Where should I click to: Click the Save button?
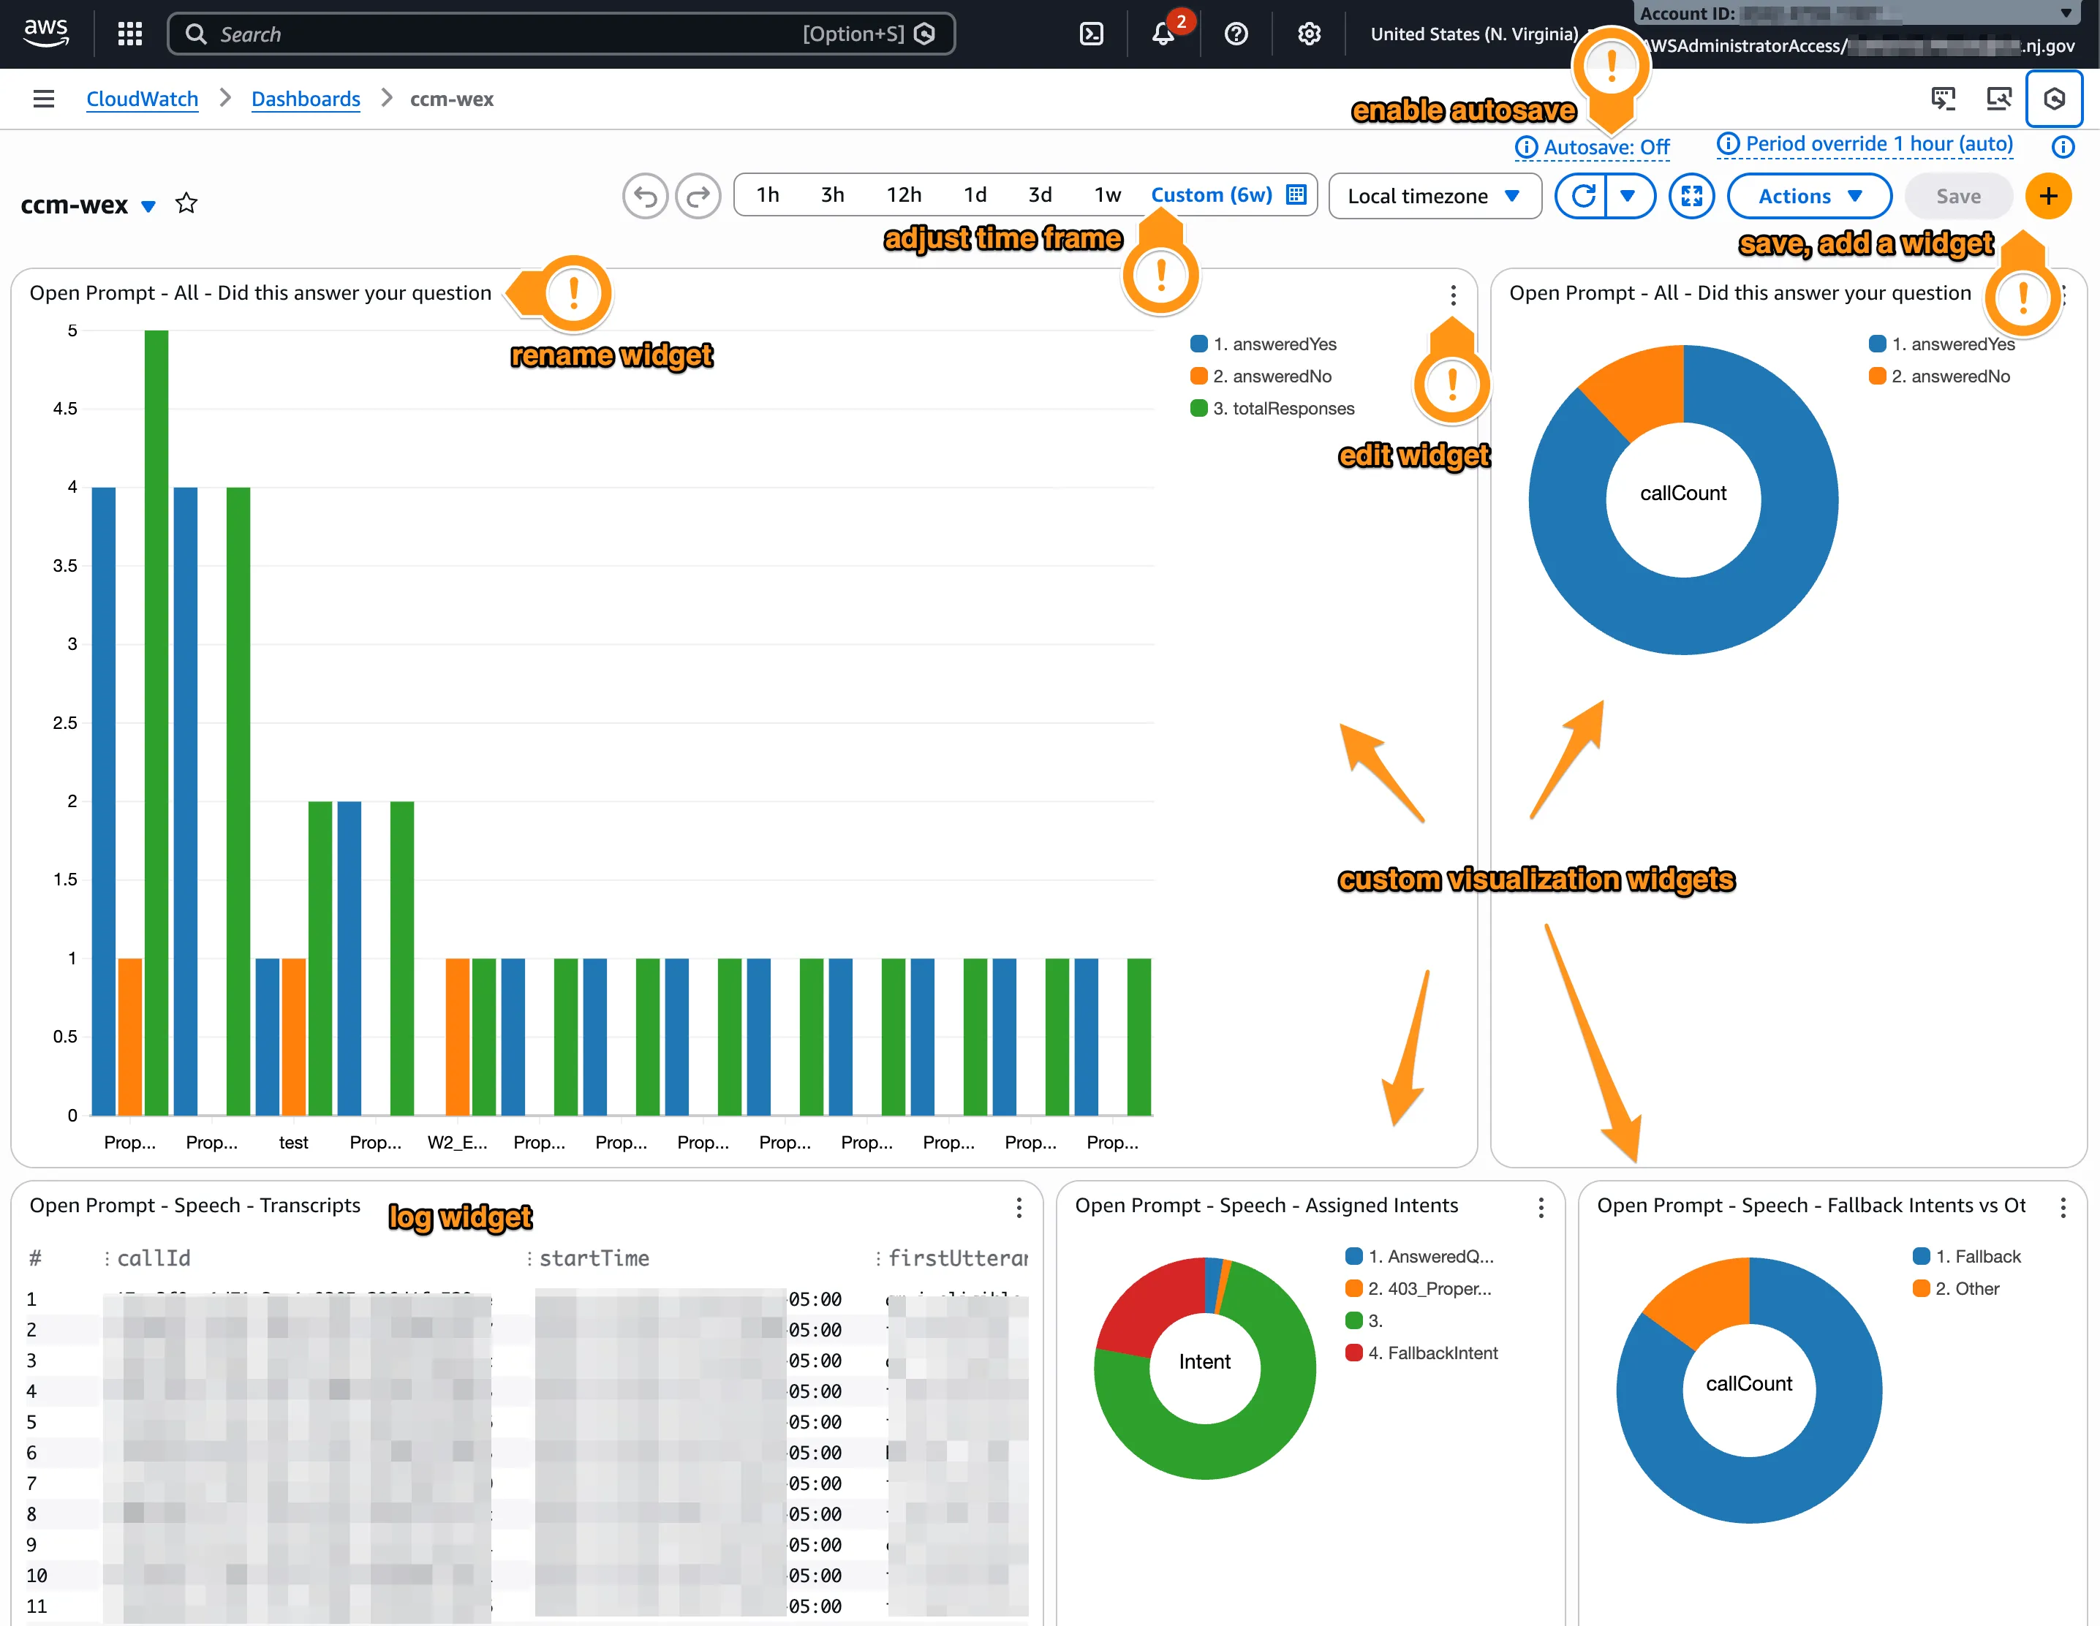(1957, 196)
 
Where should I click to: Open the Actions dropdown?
(1809, 196)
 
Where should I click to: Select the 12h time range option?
(903, 195)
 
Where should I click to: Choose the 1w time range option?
(1107, 195)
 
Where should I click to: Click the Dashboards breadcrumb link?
(305, 99)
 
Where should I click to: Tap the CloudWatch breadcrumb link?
(143, 99)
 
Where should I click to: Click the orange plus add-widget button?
(2048, 196)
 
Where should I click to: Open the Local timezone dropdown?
(1434, 196)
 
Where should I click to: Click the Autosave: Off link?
(1605, 147)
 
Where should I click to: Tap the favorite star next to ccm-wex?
(186, 204)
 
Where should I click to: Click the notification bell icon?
(1163, 34)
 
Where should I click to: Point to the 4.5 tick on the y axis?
(65, 409)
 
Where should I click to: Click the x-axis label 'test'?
(293, 1142)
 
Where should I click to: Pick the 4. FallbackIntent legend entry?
(1432, 1353)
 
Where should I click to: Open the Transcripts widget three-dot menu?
(1019, 1207)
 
